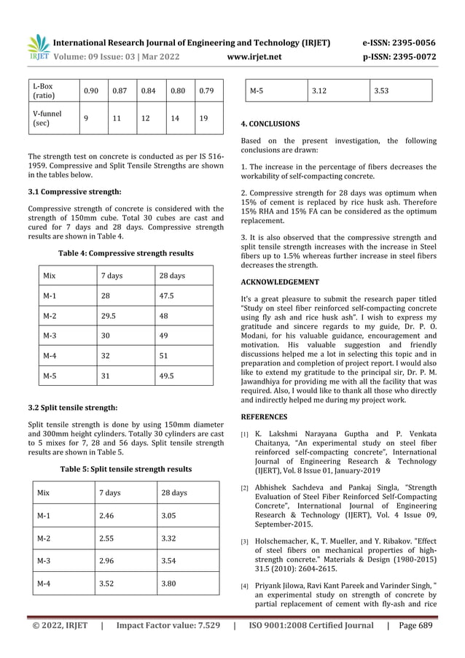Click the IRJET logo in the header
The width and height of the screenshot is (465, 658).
coord(38,47)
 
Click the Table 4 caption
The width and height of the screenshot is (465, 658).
coord(126,253)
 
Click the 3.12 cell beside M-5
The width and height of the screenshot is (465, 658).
coord(319,90)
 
